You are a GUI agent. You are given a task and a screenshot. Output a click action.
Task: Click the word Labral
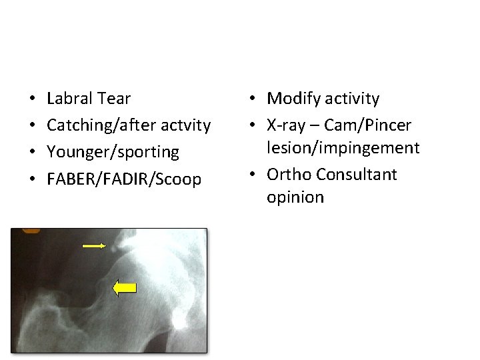point(69,99)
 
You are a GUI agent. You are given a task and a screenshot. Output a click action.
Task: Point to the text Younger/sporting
point(113,152)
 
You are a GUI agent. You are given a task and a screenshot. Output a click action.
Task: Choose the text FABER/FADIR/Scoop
point(124,179)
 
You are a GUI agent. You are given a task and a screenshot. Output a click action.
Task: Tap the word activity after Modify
point(351,99)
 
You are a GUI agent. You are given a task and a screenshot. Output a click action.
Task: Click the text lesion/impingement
point(343,147)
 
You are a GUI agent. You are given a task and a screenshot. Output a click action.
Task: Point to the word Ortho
point(289,175)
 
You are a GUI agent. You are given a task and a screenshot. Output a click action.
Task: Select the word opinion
point(295,197)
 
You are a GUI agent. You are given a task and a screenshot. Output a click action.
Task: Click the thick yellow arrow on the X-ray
point(124,287)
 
